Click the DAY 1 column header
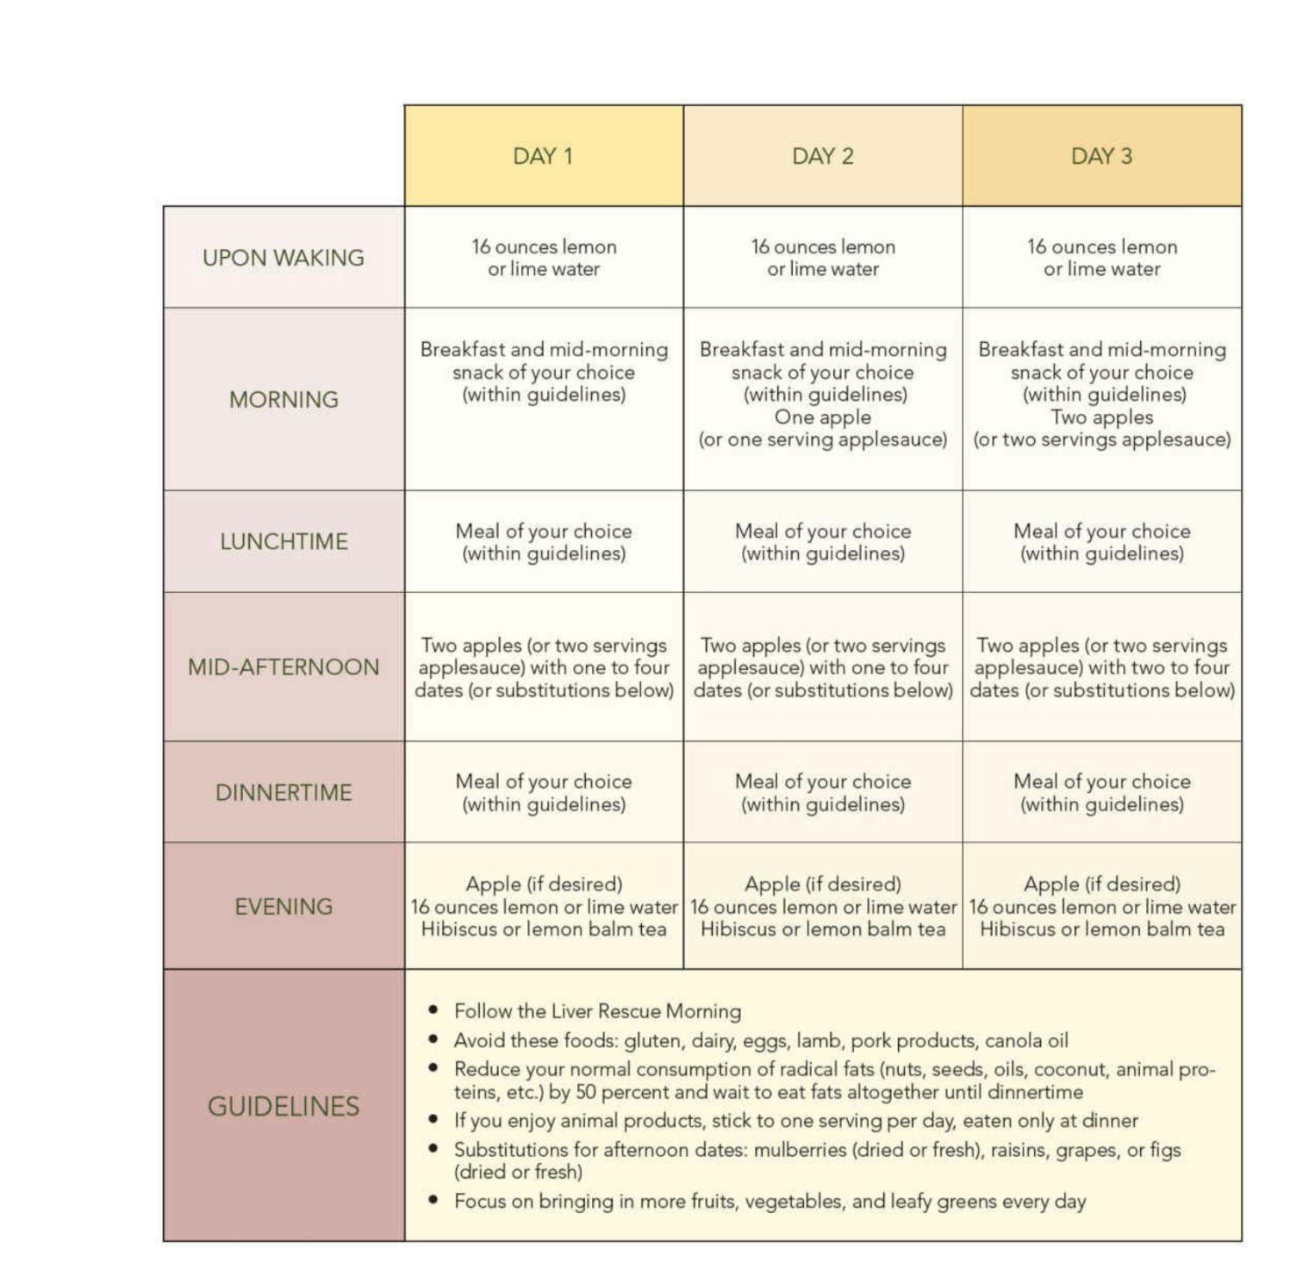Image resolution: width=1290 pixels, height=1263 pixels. click(543, 156)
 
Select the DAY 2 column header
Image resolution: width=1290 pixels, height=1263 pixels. click(823, 156)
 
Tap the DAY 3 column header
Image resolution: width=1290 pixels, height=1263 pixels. click(1101, 156)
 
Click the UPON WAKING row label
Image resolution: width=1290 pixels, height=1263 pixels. click(283, 258)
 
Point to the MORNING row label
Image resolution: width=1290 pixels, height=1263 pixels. click(283, 400)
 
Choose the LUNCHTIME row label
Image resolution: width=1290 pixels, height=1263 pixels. click(283, 542)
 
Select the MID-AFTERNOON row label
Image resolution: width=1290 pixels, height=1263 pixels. click(283, 667)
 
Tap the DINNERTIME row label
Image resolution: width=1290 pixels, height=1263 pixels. click(283, 793)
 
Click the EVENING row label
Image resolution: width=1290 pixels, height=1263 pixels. click(283, 907)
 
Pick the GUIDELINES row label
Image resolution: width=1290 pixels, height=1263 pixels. click(283, 1107)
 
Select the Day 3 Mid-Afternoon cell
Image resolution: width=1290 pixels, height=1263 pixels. click(1101, 667)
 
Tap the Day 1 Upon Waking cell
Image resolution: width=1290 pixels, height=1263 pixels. click(544, 258)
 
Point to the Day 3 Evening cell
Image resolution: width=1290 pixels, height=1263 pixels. click(1101, 907)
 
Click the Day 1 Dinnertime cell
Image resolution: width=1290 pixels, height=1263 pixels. click(544, 793)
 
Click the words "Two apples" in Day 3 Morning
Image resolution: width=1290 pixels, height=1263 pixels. click(1101, 417)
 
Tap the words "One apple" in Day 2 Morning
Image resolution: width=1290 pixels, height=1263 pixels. click(823, 417)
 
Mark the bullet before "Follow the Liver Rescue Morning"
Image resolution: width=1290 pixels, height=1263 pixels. click(433, 1010)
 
